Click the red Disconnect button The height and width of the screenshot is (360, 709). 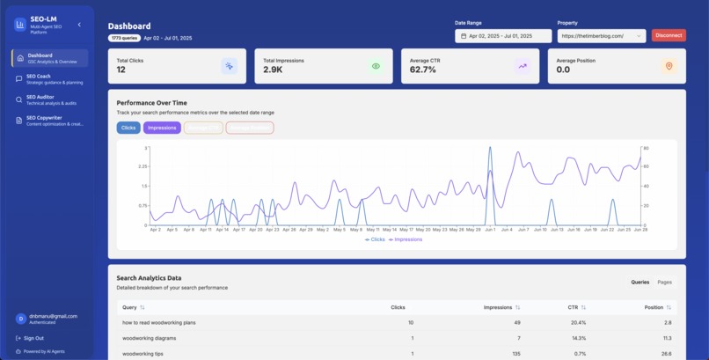(x=669, y=36)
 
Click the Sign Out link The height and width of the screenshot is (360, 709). (x=33, y=338)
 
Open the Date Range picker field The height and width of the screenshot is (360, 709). (x=503, y=36)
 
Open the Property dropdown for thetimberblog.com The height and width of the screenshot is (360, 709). (x=603, y=36)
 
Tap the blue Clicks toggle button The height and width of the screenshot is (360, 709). (x=128, y=128)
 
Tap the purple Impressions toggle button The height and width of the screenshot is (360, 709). (x=162, y=128)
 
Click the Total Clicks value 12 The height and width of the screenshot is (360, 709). (x=121, y=70)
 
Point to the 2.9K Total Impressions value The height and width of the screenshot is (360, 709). (x=273, y=70)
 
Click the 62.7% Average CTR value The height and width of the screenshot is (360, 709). (x=423, y=70)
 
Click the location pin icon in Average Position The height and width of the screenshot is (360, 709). (x=668, y=66)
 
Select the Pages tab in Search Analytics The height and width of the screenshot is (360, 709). (x=664, y=282)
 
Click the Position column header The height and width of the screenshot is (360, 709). (x=656, y=307)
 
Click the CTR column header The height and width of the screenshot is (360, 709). (x=575, y=307)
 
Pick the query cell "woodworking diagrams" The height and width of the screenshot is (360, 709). (x=150, y=338)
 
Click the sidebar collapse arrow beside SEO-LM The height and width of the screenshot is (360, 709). (x=79, y=25)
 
